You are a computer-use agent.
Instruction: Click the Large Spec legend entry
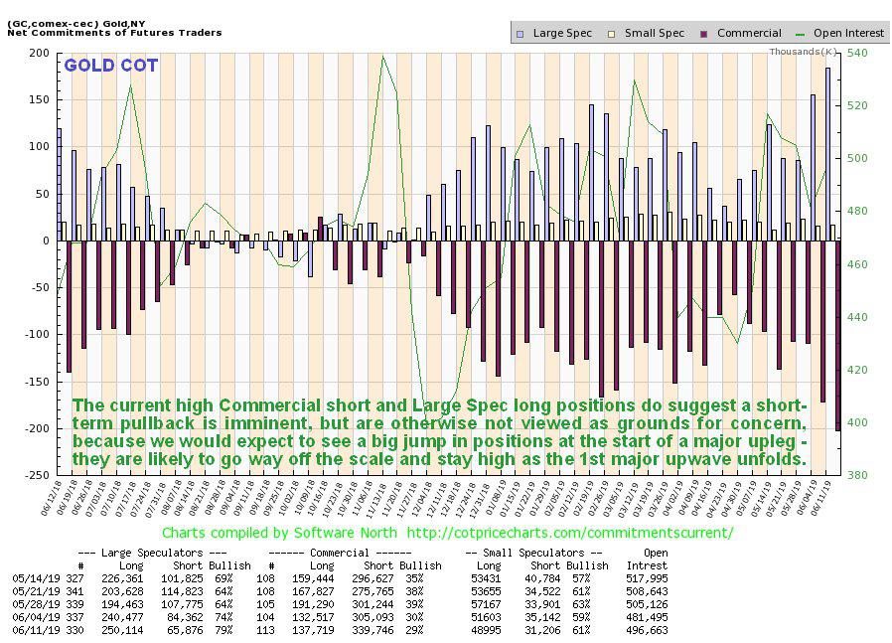click(x=561, y=33)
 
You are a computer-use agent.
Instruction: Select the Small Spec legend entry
click(x=654, y=33)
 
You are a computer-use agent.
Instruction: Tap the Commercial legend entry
click(x=748, y=33)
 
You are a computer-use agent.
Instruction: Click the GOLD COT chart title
click(x=110, y=67)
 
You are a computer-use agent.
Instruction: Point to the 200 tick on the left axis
click(x=38, y=53)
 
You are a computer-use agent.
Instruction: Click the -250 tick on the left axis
click(x=35, y=475)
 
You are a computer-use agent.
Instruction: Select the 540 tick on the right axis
click(x=857, y=53)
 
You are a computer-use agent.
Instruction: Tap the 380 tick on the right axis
click(x=857, y=475)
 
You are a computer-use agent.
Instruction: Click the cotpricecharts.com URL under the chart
click(x=570, y=533)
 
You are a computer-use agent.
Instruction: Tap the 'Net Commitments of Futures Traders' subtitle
click(x=114, y=33)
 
